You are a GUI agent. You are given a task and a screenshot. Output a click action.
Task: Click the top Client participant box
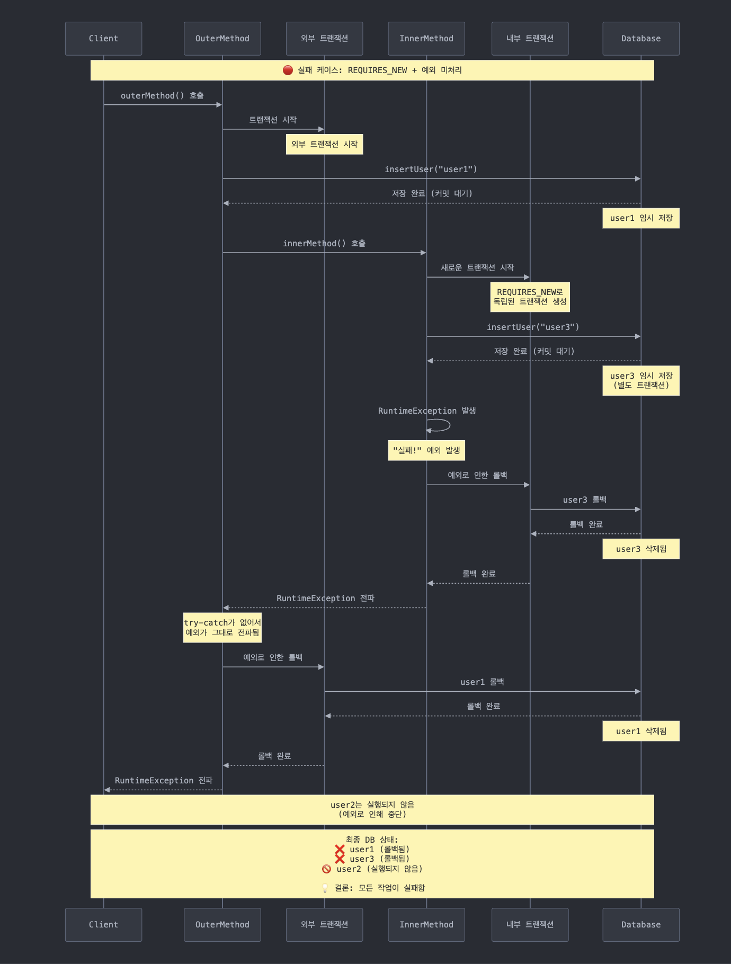[103, 39]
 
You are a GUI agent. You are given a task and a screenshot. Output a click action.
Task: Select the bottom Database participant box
[640, 924]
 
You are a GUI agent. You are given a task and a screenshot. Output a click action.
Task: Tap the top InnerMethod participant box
[426, 39]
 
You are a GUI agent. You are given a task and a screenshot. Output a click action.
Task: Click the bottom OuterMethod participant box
[222, 924]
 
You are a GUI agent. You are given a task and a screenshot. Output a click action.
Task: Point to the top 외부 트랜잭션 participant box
[324, 39]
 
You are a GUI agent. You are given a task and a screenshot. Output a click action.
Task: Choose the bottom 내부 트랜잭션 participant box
[530, 924]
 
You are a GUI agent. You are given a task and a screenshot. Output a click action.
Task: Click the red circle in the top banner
[288, 70]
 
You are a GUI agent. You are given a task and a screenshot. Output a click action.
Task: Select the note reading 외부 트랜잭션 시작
[324, 144]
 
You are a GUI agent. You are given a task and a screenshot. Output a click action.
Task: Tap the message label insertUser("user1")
[431, 169]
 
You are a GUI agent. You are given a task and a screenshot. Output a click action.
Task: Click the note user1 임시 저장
[640, 218]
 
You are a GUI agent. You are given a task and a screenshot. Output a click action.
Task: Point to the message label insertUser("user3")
[533, 327]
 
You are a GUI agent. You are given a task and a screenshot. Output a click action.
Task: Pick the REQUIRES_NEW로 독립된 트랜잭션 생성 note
[530, 297]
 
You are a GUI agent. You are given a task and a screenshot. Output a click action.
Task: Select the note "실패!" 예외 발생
[426, 450]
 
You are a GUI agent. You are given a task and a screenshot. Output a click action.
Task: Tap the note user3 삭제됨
[640, 549]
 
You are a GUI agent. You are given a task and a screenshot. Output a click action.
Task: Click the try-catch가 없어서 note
[222, 628]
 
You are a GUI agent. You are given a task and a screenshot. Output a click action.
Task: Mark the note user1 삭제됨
[640, 731]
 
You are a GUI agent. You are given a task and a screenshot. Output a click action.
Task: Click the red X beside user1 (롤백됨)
[340, 849]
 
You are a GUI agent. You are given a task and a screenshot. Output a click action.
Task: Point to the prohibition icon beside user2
[326, 869]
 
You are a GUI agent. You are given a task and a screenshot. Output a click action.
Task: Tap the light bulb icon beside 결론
[325, 888]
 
